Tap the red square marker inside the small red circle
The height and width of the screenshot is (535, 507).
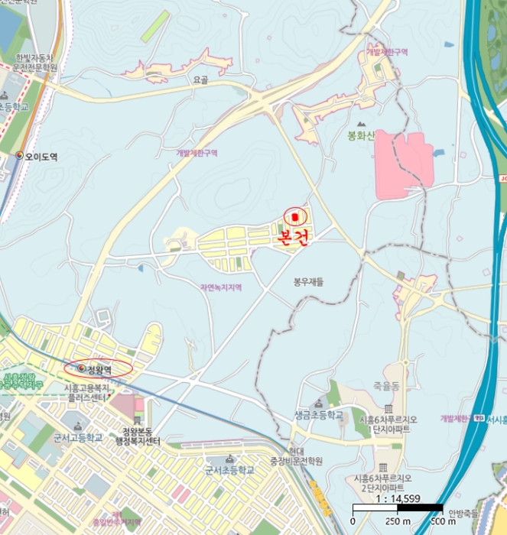click(295, 217)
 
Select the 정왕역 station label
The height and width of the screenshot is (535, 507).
click(99, 369)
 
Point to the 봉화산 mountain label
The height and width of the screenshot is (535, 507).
click(359, 137)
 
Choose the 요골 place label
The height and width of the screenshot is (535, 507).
click(201, 79)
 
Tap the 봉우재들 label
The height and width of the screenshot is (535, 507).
click(309, 282)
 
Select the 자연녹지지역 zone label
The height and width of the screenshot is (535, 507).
click(220, 287)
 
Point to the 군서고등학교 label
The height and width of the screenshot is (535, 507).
click(77, 438)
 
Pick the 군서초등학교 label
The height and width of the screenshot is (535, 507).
click(229, 470)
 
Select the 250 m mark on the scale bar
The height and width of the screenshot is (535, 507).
click(398, 521)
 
